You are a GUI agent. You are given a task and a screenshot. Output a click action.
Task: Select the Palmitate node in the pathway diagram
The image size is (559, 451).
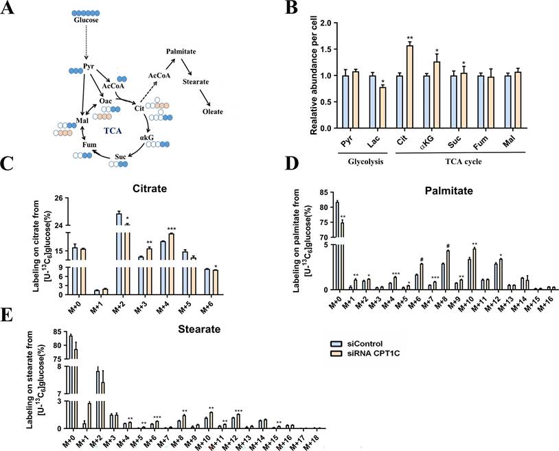(182, 51)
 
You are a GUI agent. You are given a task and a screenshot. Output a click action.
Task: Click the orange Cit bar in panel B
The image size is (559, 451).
(390, 86)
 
